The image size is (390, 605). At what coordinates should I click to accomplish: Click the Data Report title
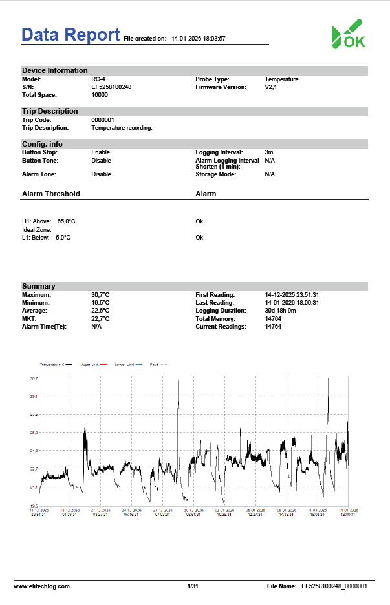(70, 34)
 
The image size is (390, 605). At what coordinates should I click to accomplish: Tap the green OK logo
(349, 34)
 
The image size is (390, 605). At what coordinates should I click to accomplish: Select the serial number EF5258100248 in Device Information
(111, 87)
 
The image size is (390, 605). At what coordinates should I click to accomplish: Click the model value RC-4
(98, 79)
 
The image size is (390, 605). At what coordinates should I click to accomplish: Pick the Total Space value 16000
(100, 95)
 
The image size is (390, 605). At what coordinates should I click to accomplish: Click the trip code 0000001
(103, 120)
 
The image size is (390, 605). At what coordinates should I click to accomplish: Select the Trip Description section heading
(50, 111)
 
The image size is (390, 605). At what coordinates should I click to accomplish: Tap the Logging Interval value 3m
(269, 152)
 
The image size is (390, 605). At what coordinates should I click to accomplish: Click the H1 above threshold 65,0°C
(66, 221)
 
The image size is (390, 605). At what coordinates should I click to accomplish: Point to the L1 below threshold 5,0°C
(63, 238)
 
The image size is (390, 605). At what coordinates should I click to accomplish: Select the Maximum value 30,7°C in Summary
(100, 295)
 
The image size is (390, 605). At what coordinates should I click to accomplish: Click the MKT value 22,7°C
(100, 319)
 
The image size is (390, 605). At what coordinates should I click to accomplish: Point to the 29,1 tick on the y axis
(34, 396)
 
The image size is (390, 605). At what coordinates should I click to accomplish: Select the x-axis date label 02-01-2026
(224, 510)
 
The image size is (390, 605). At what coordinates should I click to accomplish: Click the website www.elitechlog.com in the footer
(42, 586)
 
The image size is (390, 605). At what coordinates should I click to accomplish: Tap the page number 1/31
(192, 586)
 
